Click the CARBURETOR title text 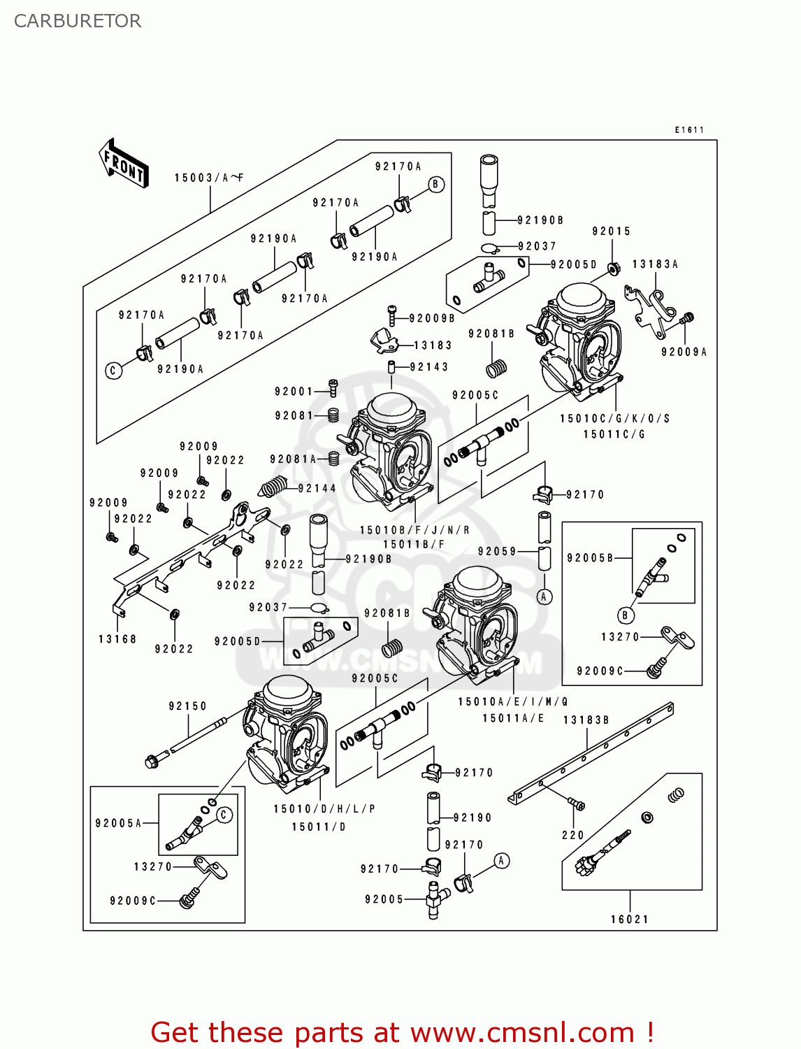pos(77,21)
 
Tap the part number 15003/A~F pos(208,178)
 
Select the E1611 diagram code pos(689,130)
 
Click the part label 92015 pos(611,231)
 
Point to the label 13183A pos(655,264)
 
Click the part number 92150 pos(187,706)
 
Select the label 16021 pos(629,920)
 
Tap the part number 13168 pos(117,639)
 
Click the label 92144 pos(317,489)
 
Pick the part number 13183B pos(586,720)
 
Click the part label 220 pos(572,835)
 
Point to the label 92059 pos(497,552)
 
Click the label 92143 pos(429,367)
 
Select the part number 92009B pos(432,319)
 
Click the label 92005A pos(118,823)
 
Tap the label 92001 pos(294,392)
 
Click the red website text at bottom pos(402,1032)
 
